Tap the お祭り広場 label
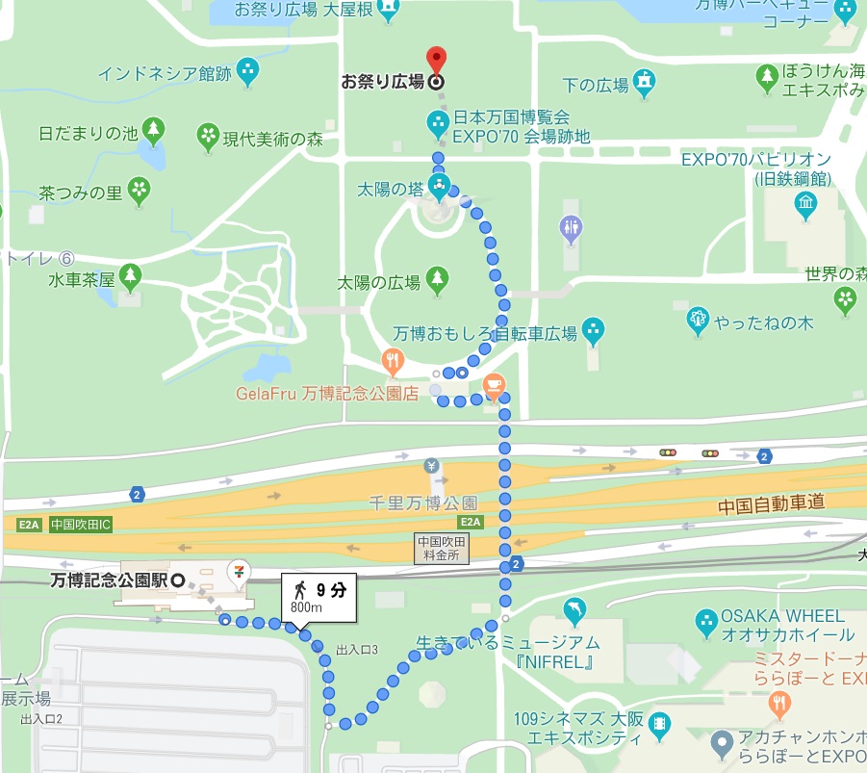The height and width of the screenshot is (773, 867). pos(383,82)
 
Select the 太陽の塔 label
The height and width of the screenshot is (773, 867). pos(390,189)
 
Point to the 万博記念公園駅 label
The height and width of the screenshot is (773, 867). pos(109,580)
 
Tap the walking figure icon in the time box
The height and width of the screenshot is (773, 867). pos(300,589)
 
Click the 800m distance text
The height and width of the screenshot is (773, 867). pos(307,608)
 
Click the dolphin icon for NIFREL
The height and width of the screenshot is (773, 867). pos(574,610)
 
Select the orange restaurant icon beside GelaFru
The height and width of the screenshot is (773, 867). pos(391,363)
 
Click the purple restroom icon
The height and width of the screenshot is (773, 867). pos(571,228)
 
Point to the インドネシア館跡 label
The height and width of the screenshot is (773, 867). pos(165,72)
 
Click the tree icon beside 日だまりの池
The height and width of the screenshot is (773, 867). pos(152,130)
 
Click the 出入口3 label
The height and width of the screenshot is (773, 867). pos(356,650)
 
